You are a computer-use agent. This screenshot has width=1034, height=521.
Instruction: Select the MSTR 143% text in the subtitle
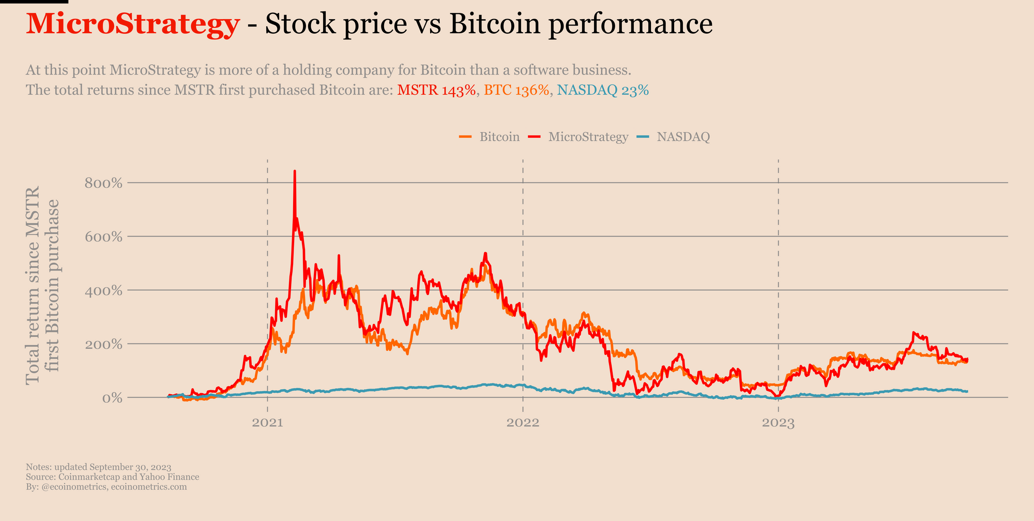pos(436,91)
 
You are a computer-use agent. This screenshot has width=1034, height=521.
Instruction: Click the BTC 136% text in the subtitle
pos(516,91)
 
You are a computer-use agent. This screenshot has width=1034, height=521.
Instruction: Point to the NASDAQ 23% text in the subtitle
pos(603,91)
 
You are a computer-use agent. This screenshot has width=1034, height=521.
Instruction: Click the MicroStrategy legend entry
pos(578,137)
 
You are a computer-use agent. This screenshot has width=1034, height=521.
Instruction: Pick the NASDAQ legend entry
pos(673,137)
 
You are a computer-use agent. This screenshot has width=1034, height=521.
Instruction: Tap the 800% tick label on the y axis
pos(103,183)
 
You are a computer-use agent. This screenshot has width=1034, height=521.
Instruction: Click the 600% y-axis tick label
pos(103,237)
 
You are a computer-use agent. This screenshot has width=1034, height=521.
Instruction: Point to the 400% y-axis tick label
pos(103,291)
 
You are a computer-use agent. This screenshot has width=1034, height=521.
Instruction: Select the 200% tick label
pos(103,344)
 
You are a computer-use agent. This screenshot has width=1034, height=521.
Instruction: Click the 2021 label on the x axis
pos(267,423)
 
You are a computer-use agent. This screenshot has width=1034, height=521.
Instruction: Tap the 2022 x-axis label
pos(523,423)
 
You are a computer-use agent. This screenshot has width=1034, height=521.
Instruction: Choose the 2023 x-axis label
pos(779,423)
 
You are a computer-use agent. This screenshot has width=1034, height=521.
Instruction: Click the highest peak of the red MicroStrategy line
pos(295,171)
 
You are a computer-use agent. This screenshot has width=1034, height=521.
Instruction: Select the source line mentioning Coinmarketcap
pos(112,477)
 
